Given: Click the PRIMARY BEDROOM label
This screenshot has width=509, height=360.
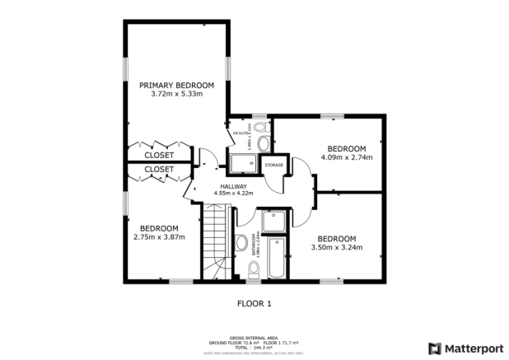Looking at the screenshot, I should click(176, 85).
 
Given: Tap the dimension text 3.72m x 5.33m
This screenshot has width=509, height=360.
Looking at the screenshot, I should click(176, 94).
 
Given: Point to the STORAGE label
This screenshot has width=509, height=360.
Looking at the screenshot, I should click(273, 165).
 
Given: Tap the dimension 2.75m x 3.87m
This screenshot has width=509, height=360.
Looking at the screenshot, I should click(159, 237).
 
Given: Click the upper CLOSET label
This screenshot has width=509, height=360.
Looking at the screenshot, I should click(159, 155).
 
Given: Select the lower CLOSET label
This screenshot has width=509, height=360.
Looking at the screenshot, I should click(159, 170).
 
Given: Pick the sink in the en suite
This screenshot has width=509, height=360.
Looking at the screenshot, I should click(264, 143).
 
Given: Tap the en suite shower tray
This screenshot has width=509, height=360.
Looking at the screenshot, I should click(244, 164).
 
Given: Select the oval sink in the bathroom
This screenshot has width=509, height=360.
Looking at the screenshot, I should click(240, 242).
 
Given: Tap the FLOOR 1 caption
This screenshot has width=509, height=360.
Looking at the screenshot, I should click(254, 303).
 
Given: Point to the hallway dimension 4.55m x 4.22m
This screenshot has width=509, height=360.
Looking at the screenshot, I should click(233, 194).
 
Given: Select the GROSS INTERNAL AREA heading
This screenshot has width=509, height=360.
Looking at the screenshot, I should click(253, 337).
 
